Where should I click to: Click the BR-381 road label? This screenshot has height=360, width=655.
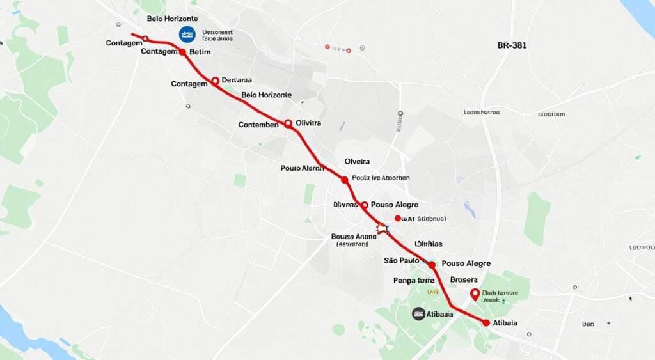pos(512,46)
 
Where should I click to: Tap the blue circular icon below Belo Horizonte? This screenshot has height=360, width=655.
pos(187,35)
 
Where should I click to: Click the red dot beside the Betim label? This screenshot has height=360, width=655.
pos(182,52)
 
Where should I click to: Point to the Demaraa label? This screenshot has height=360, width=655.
pos(236,81)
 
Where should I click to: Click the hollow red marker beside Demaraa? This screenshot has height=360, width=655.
pos(215,81)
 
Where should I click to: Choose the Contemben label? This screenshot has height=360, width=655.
pos(258,125)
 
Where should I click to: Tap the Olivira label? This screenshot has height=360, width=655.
pos(308,123)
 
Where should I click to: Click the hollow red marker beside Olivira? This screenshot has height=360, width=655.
pos(288,123)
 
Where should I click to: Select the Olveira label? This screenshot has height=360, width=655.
pos(357,162)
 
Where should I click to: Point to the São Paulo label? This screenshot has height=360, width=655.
pos(401,260)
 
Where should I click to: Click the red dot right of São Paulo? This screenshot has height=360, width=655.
pos(431,264)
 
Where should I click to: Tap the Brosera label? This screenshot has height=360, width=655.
pos(464,279)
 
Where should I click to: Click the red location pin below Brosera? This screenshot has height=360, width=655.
pos(475,294)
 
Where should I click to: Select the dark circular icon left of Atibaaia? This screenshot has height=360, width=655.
pos(418,313)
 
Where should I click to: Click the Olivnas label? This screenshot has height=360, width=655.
pos(345,205)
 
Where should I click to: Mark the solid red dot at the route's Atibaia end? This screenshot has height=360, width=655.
pos(486,323)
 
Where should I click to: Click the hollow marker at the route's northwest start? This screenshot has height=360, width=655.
pos(145,38)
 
